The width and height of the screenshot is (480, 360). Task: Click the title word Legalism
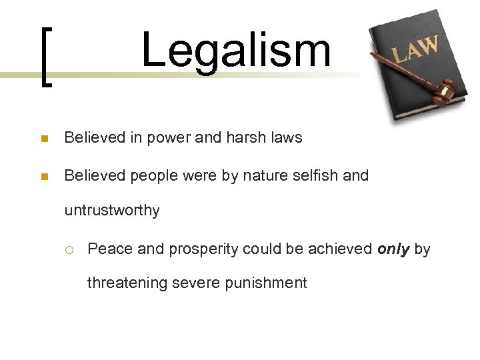(235, 51)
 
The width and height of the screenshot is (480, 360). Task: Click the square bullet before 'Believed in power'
(44, 139)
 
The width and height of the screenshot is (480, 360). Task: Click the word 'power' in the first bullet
(167, 139)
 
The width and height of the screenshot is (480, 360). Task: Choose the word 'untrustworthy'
(112, 211)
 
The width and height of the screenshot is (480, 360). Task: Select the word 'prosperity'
(205, 249)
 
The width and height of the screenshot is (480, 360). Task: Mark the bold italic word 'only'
(393, 249)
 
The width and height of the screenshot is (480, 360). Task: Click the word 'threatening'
(127, 283)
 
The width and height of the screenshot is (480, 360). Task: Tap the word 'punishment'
(265, 283)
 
